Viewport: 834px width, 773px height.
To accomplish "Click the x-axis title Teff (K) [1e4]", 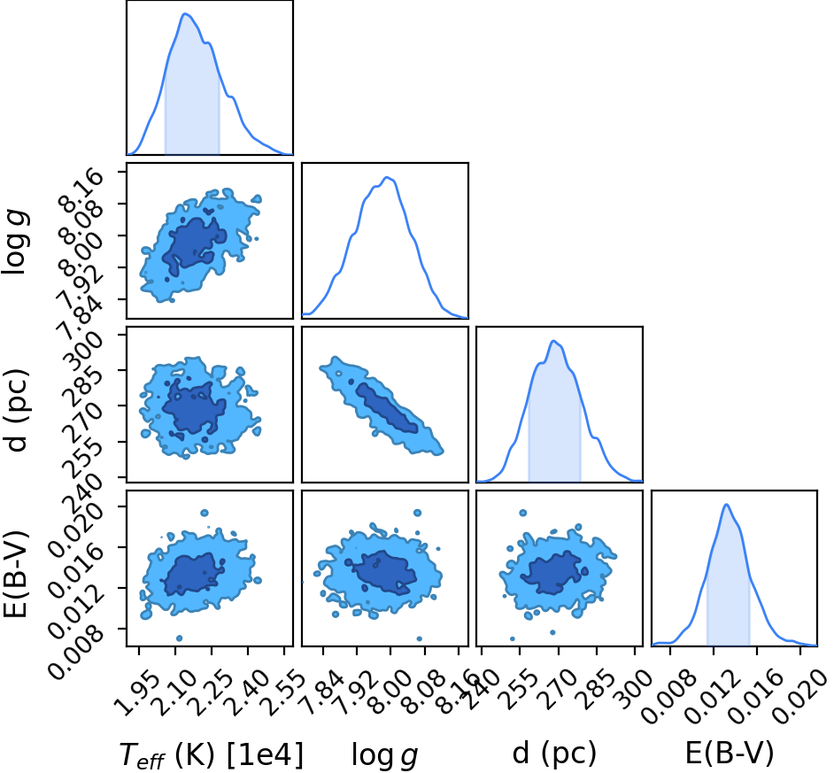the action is (212, 754).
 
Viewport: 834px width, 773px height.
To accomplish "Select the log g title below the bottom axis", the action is (384, 755).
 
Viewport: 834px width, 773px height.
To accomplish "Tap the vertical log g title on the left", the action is (14, 241).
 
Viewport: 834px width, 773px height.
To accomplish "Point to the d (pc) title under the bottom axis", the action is (554, 754).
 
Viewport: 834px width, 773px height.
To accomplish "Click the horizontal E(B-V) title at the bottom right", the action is (730, 754).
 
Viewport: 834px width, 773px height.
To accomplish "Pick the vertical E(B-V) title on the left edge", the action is (15, 574).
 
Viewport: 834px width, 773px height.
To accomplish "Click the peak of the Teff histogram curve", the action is (185, 13).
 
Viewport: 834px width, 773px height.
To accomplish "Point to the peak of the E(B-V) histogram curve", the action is (726, 505).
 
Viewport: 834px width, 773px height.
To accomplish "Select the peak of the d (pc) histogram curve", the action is (553, 341).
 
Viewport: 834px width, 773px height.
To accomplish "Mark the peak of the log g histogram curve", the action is (387, 177).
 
